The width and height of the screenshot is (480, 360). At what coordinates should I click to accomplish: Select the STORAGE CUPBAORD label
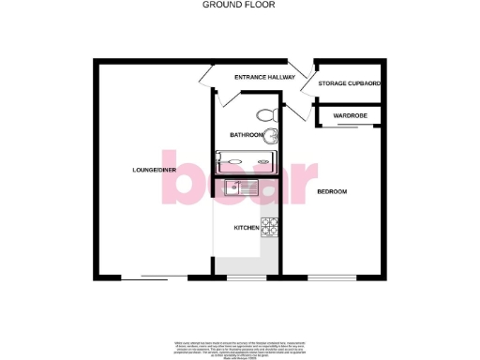(x=349, y=84)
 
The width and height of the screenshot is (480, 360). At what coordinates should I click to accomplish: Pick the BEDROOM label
(x=332, y=191)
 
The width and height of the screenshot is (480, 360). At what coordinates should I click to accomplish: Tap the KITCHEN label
(x=246, y=228)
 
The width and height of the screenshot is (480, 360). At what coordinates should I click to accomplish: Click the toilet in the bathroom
(x=265, y=115)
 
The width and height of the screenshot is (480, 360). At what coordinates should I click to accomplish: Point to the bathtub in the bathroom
(x=247, y=160)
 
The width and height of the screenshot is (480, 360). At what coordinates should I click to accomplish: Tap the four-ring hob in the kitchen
(x=270, y=226)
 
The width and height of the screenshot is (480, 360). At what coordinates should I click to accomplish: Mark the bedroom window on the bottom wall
(x=332, y=277)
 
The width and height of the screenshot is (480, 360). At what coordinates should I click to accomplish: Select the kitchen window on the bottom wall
(x=246, y=277)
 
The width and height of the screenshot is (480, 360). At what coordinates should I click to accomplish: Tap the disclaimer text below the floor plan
(x=239, y=347)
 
